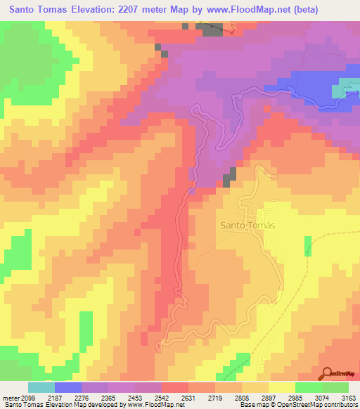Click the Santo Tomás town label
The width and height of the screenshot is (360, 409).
coord(247,226)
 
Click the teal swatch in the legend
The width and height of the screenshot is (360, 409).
coord(41,387)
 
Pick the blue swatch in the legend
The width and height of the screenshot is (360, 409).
coord(68,387)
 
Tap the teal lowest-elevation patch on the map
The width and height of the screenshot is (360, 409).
coord(349,88)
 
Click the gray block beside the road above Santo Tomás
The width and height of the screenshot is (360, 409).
coord(229,178)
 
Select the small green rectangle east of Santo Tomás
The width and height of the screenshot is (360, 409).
coord(308,246)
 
